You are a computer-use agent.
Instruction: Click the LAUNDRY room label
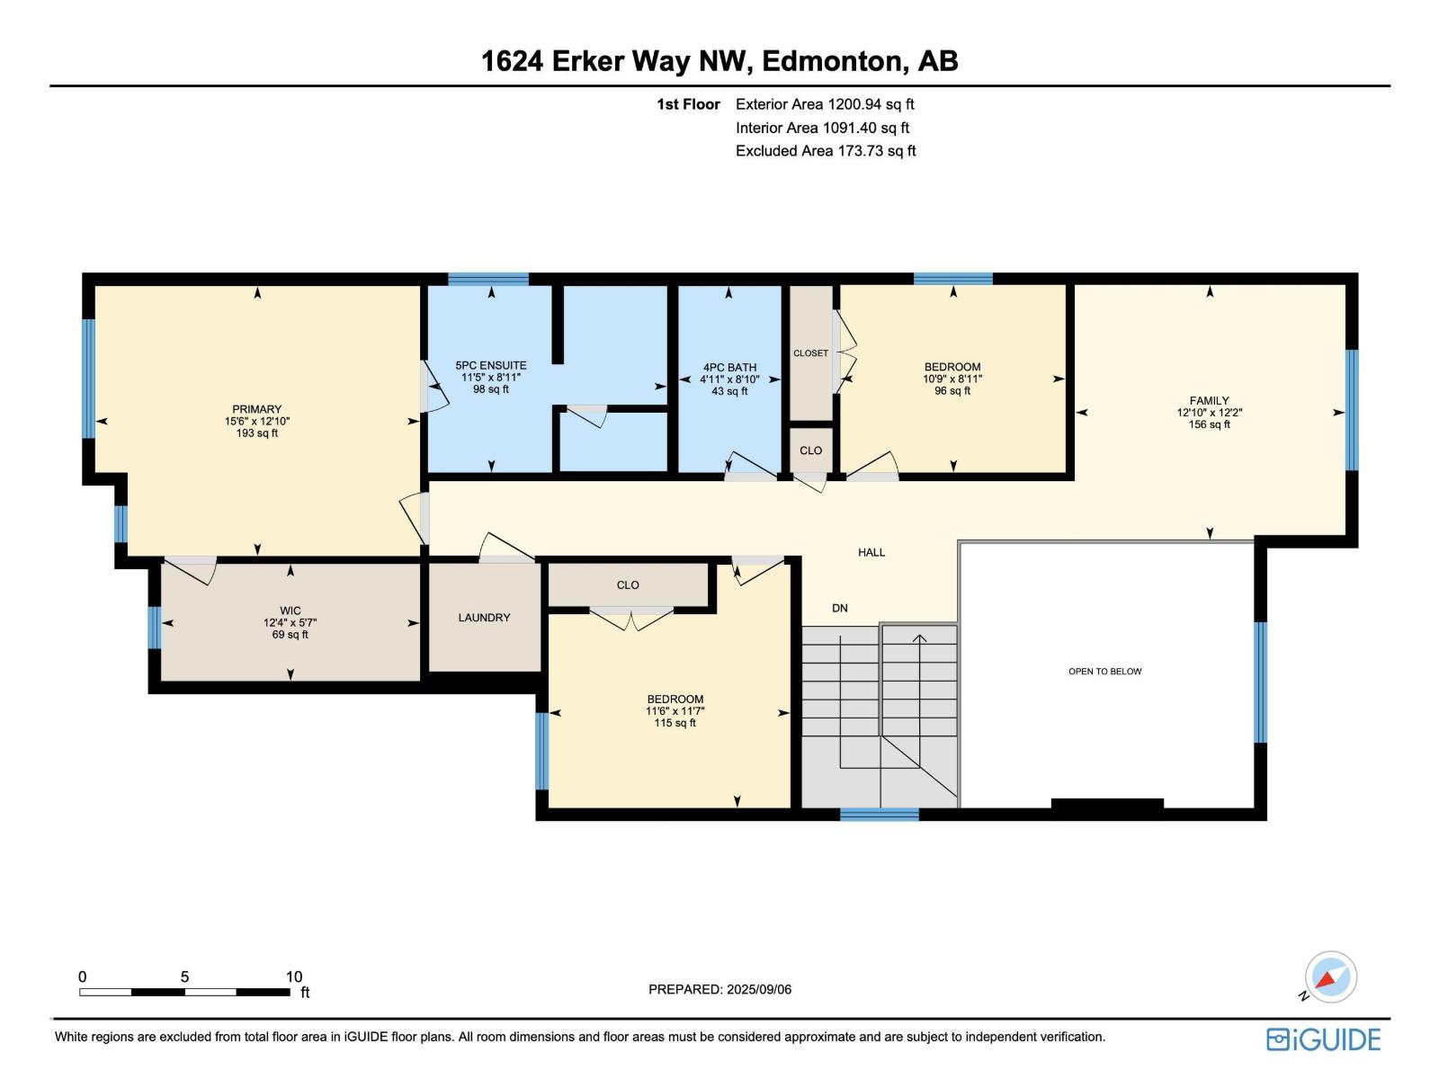click(x=484, y=618)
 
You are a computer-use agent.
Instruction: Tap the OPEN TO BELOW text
click(x=1104, y=672)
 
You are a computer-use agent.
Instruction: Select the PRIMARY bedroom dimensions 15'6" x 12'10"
click(x=257, y=421)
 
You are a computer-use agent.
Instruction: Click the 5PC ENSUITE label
click(x=491, y=366)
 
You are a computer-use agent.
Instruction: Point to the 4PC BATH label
click(x=729, y=368)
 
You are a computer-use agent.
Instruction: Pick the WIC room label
click(x=290, y=611)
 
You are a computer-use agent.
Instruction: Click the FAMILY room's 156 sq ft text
click(x=1209, y=424)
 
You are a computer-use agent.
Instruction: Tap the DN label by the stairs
click(x=839, y=609)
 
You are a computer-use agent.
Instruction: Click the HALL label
click(x=871, y=553)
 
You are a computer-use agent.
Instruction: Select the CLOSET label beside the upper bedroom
click(x=810, y=353)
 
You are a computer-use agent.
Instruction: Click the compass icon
click(x=1330, y=977)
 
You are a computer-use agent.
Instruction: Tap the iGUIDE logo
click(x=1323, y=1039)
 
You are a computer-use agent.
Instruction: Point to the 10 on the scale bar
click(x=294, y=977)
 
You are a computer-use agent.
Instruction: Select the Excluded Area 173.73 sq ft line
click(x=825, y=151)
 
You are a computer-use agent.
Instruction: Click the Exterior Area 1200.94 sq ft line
click(x=824, y=104)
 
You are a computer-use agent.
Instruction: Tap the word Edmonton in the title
click(x=832, y=61)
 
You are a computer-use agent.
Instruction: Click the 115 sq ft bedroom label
click(x=675, y=723)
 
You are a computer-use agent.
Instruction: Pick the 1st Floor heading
click(x=688, y=104)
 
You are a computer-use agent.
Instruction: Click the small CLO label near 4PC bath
click(x=810, y=450)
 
